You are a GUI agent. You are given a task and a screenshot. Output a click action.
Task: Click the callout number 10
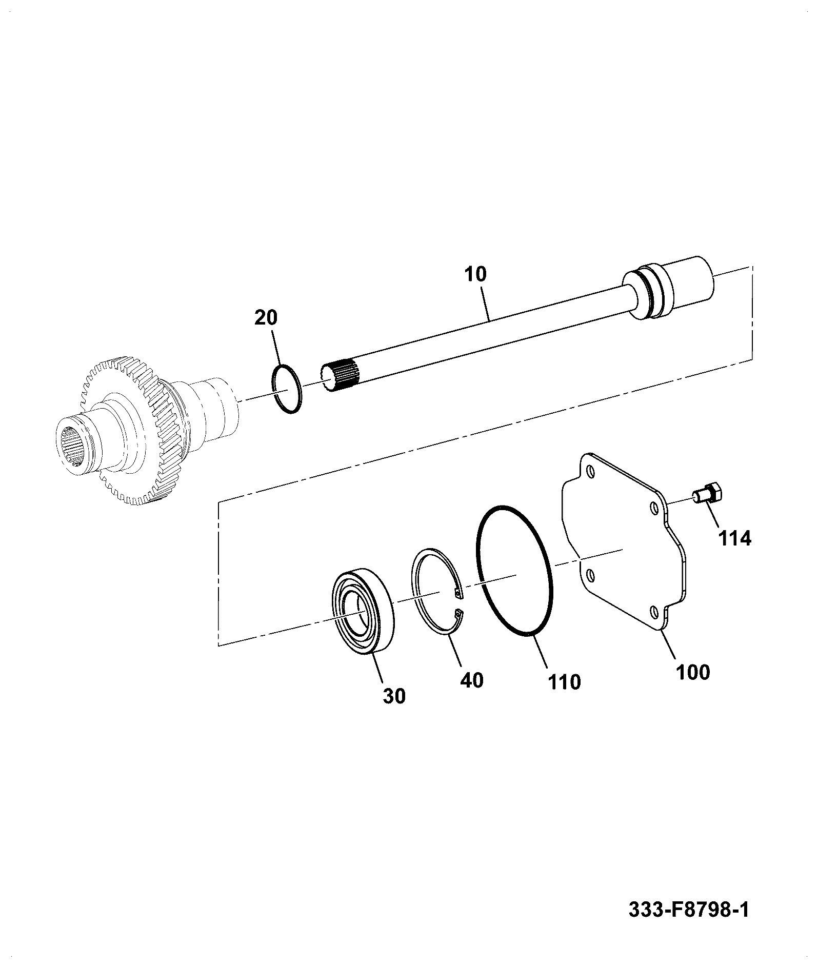point(475,274)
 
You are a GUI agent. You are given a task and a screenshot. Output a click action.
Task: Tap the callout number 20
point(266,317)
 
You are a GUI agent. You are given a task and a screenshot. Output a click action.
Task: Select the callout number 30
point(394,696)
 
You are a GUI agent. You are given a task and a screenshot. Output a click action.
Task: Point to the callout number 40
point(472,680)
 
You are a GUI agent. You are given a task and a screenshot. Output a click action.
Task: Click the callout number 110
point(564,682)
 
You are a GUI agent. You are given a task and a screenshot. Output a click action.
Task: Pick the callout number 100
point(692,672)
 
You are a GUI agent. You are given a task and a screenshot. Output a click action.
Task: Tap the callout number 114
point(734,538)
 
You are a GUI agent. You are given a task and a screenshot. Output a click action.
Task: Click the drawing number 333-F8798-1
point(689,911)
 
